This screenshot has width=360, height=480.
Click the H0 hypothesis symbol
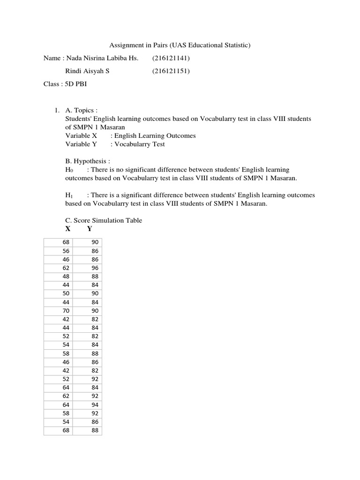point(68,170)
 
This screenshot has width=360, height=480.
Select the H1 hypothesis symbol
point(68,195)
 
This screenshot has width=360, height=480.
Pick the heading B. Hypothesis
point(88,161)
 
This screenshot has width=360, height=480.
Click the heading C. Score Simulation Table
point(104,220)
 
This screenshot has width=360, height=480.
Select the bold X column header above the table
point(68,229)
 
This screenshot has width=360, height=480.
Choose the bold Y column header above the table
point(90,229)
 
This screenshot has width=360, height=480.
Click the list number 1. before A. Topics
point(57,110)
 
